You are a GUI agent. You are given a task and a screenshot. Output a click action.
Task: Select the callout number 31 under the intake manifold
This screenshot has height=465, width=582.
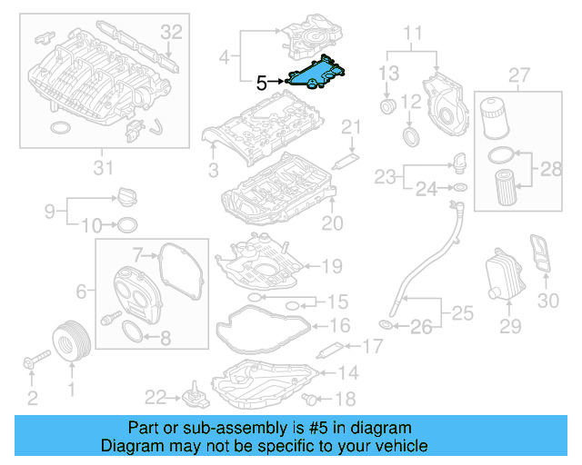coord(104,166)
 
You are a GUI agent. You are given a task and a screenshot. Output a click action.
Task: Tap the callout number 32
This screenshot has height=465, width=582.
coord(172,32)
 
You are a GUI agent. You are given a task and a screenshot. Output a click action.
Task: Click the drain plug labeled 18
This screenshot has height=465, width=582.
coord(314,400)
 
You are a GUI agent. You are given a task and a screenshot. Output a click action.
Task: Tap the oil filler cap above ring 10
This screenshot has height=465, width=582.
coord(125,195)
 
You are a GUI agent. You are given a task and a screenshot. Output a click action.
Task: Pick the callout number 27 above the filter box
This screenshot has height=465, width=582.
coord(519,74)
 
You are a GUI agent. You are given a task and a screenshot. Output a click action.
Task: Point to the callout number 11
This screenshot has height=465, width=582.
coord(413,35)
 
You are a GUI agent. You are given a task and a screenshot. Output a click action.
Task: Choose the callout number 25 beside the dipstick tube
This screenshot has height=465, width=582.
coord(463,314)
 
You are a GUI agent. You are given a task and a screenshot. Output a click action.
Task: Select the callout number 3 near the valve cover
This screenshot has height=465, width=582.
coord(212,170)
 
